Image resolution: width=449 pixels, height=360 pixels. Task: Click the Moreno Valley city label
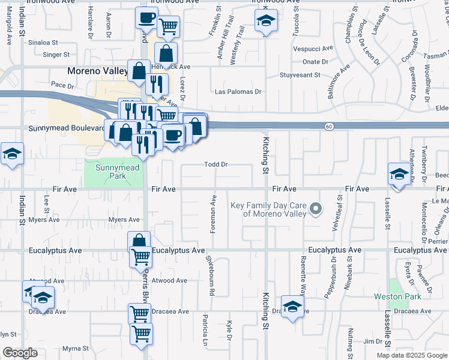click(x=97, y=71)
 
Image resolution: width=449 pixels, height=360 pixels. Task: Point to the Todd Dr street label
click(x=216, y=164)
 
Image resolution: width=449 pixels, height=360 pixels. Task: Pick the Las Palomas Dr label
click(x=238, y=92)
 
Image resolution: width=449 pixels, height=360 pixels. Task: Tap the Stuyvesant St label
click(x=304, y=75)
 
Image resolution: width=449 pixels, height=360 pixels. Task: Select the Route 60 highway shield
click(x=329, y=126)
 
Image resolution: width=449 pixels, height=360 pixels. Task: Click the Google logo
click(x=20, y=352)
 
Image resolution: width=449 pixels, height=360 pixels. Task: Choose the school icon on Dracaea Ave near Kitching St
click(x=292, y=308)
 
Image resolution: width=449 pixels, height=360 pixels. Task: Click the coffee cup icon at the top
click(x=146, y=19)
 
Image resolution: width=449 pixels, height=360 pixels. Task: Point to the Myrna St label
click(x=76, y=348)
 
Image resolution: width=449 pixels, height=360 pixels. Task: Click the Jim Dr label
click(x=376, y=341)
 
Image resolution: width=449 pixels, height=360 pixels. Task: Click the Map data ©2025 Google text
click(x=411, y=355)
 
